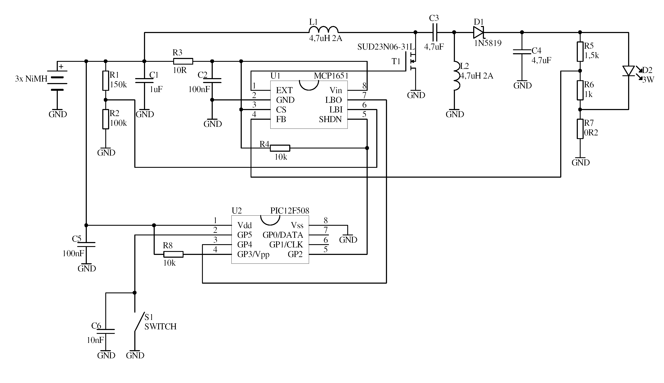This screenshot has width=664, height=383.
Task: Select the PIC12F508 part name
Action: pyautogui.click(x=289, y=211)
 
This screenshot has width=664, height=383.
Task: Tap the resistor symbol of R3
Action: pyautogui.click(x=183, y=61)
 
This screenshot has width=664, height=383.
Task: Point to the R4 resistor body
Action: pyautogui.click(x=280, y=148)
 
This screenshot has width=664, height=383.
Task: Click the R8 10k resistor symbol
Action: pyautogui.click(x=173, y=254)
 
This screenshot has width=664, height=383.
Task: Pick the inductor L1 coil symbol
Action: pyautogui.click(x=323, y=29)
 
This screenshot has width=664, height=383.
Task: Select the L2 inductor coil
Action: pyautogui.click(x=457, y=76)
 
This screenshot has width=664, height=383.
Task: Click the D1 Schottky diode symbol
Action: pyautogui.click(x=478, y=32)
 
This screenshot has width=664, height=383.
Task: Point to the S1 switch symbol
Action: pyautogui.click(x=139, y=321)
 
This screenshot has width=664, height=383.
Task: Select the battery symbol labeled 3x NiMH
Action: pyautogui.click(x=57, y=80)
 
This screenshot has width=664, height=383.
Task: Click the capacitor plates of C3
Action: pyautogui.click(x=435, y=32)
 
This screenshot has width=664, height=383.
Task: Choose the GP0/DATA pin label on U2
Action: pyautogui.click(x=283, y=235)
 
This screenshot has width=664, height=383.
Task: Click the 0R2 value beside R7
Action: pyautogui.click(x=591, y=133)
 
